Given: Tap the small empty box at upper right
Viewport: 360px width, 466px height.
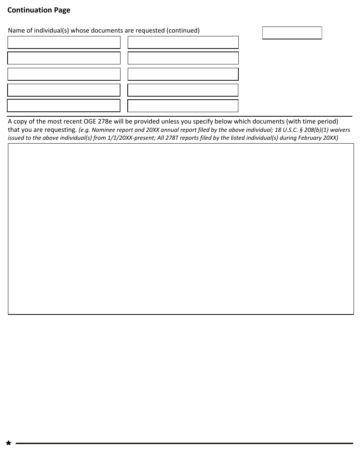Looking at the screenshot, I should tap(292, 33).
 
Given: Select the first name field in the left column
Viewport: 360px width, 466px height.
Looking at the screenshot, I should tap(64, 42).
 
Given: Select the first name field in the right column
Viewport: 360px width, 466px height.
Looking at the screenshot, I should tap(183, 42).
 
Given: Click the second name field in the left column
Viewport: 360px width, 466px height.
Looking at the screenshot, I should tap(64, 58).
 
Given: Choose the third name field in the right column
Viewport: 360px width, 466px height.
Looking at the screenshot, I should tap(183, 74).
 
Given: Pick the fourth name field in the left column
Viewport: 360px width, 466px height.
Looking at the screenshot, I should tap(64, 90).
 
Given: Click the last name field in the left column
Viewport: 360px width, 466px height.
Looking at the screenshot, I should tap(64, 106).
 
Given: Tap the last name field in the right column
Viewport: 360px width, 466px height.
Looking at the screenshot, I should tap(183, 106).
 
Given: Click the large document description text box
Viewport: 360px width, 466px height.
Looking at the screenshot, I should tap(181, 229).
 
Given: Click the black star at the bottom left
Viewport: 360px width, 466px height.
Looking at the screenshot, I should tap(8, 443).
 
